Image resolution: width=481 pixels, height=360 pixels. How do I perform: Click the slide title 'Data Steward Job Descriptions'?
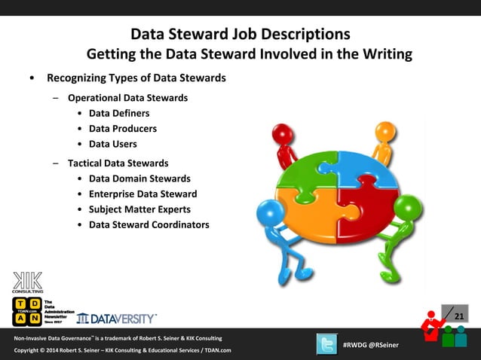[240, 35]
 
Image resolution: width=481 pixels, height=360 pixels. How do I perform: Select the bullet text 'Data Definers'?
[119, 113]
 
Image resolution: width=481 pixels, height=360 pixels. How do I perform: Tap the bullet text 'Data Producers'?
[123, 128]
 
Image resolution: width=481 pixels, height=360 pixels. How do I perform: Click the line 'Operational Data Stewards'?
[128, 98]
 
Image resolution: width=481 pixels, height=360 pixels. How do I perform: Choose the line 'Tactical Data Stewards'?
[118, 163]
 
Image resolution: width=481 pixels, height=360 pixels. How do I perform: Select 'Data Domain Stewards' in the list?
[139, 178]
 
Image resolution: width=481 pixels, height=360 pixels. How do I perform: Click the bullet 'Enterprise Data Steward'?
[143, 194]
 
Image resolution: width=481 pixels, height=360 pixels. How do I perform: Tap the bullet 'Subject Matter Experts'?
[139, 209]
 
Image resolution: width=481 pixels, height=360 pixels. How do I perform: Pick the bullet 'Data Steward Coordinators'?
[149, 224]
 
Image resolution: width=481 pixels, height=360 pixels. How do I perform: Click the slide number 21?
[458, 316]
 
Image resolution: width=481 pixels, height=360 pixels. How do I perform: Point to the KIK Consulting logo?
[27, 281]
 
